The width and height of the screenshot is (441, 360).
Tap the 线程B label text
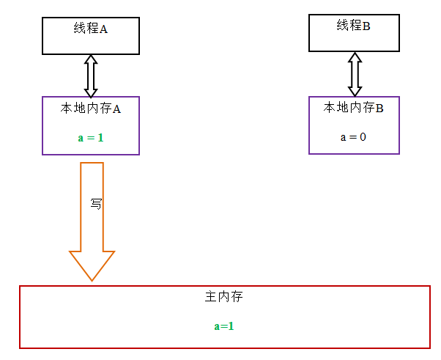(x=354, y=26)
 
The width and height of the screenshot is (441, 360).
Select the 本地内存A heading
(x=91, y=109)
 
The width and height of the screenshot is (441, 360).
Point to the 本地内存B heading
(x=354, y=108)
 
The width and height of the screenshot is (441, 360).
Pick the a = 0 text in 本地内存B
(x=354, y=136)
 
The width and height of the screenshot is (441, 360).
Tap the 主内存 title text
(x=224, y=298)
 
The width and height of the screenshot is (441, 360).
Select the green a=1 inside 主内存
(x=224, y=326)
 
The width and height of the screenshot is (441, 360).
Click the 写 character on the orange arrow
(x=96, y=204)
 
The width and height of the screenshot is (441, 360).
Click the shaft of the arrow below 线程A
(x=91, y=76)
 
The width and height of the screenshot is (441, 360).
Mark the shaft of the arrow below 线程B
(x=355, y=73)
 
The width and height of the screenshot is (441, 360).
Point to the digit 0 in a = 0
(x=363, y=136)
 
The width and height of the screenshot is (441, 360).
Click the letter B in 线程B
(x=367, y=26)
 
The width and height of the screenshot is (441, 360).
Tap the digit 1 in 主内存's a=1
(x=231, y=326)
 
